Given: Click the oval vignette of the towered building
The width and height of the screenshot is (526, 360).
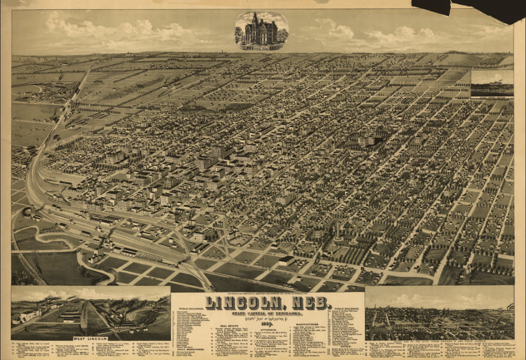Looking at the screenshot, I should click(261, 30).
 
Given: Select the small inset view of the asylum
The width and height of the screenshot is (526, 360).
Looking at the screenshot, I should click(492, 83).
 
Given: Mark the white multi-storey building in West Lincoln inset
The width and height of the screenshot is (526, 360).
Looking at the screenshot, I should click(30, 315).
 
